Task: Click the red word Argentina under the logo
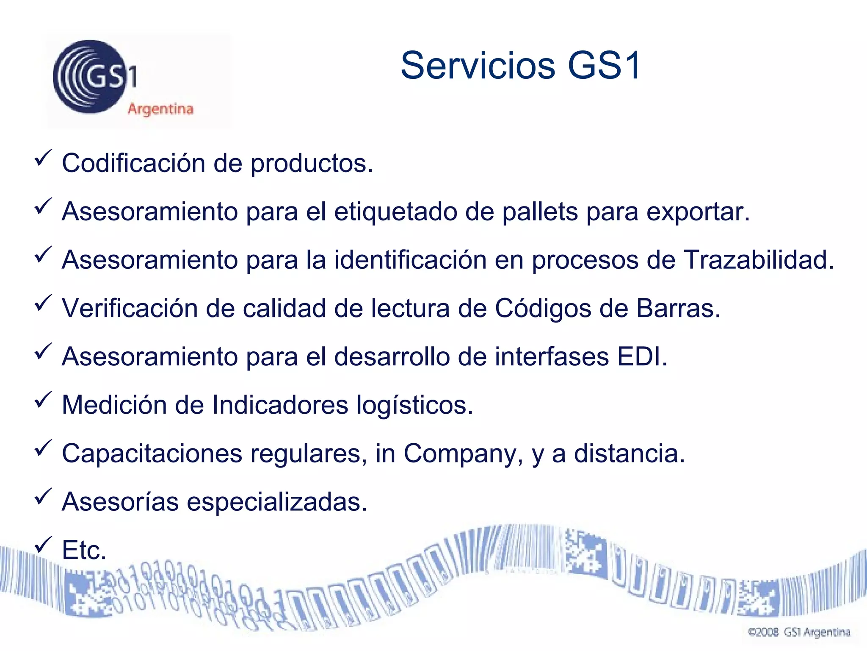pos(160,109)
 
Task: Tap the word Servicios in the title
pos(478,66)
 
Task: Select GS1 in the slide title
pos(605,66)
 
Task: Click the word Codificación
pos(133,163)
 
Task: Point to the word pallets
pos(540,211)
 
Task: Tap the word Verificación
pos(130,308)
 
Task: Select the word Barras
pos(678,308)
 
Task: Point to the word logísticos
pos(414,406)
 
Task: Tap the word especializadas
pos(277,502)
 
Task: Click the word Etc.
pos(84,550)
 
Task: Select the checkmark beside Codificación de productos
pos(43,158)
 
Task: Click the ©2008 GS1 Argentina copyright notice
pos(799,632)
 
